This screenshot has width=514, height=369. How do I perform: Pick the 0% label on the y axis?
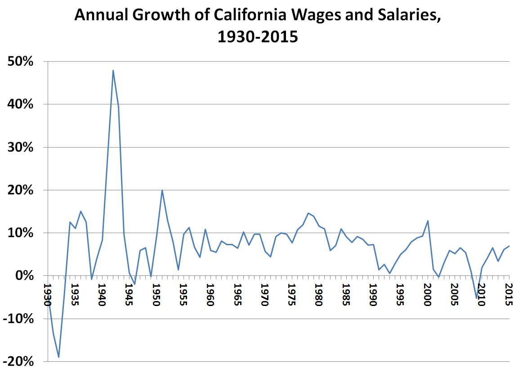pyautogui.click(x=25, y=276)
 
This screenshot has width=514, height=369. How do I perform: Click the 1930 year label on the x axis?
pyautogui.click(x=48, y=295)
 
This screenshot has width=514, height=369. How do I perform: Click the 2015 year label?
pyautogui.click(x=509, y=295)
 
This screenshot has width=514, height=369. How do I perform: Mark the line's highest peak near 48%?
pyautogui.click(x=113, y=70)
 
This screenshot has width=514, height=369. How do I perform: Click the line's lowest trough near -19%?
pyautogui.click(x=59, y=357)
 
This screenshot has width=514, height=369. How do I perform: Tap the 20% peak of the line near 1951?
pyautogui.click(x=162, y=190)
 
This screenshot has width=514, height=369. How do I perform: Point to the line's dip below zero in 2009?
pyautogui.click(x=476, y=298)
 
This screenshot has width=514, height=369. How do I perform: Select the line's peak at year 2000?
pyautogui.click(x=428, y=220)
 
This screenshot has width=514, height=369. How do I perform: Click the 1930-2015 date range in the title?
pyautogui.click(x=258, y=36)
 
